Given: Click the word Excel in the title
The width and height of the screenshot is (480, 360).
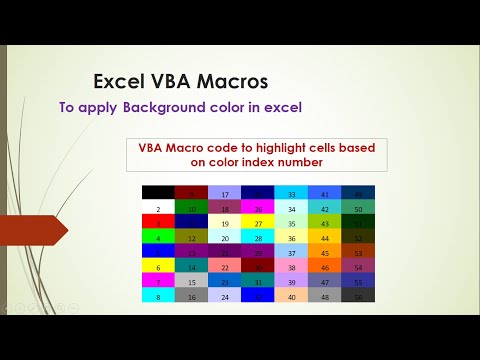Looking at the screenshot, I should pyautogui.click(x=119, y=81).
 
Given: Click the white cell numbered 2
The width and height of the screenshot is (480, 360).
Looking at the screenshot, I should pyautogui.click(x=158, y=209).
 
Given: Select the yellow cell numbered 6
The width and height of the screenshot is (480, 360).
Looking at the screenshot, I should pyautogui.click(x=158, y=267).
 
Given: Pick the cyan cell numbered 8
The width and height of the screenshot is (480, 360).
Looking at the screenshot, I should pyautogui.click(x=158, y=297).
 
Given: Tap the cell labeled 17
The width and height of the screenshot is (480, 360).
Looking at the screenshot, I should pyautogui.click(x=225, y=194).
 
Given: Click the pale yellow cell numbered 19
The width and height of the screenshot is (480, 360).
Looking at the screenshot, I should pyautogui.click(x=225, y=224).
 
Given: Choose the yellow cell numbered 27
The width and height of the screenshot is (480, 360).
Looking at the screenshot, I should pyautogui.click(x=258, y=224).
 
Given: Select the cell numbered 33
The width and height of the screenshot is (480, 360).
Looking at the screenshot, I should pyautogui.click(x=292, y=194).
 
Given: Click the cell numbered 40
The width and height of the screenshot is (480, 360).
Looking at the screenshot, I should pyautogui.click(x=292, y=297).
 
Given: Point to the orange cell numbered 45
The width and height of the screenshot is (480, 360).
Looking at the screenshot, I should pyautogui.click(x=325, y=253).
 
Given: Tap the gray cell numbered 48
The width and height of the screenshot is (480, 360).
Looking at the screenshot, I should pyautogui.click(x=325, y=297).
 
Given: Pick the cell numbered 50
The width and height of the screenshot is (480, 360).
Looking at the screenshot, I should pyautogui.click(x=359, y=209).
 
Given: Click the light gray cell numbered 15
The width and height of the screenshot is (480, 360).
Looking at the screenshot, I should pyautogui.click(x=192, y=282).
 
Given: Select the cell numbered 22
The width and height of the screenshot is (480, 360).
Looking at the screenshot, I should pyautogui.click(x=225, y=267).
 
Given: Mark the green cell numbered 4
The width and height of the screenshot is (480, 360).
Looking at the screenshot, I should pyautogui.click(x=158, y=238).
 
